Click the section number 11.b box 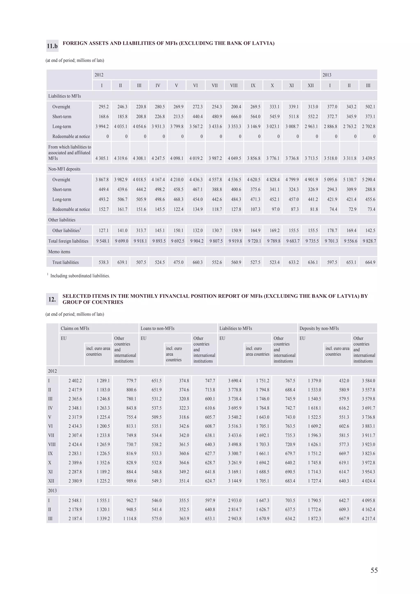[52, 46]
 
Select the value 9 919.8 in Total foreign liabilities [235, 241]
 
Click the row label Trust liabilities [65, 262]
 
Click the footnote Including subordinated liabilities [80, 276]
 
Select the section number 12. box [52, 299]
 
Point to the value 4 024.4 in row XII [368, 481]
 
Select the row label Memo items [59, 252]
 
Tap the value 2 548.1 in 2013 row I [75, 500]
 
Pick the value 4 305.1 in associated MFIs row [102, 158]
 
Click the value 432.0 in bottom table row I [344, 381]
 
